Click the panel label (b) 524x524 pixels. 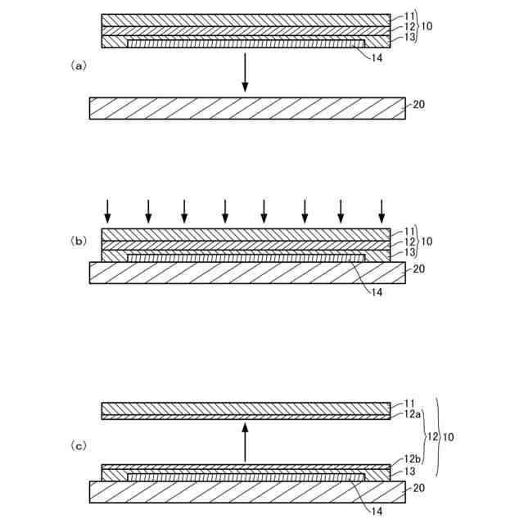coord(79,241)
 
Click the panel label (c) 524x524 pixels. coord(79,445)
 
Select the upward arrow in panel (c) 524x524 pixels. coord(245,442)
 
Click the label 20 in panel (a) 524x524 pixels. coord(418,105)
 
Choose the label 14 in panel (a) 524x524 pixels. coord(377,58)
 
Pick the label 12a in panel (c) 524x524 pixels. coord(412,416)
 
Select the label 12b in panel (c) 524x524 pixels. coord(412,460)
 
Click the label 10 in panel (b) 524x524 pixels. coord(427,242)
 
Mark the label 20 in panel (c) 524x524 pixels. coord(418,488)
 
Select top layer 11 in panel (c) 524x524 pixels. coord(245,408)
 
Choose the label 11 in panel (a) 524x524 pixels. coord(409,16)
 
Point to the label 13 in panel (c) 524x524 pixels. coord(409,472)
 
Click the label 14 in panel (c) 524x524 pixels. coord(377,512)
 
